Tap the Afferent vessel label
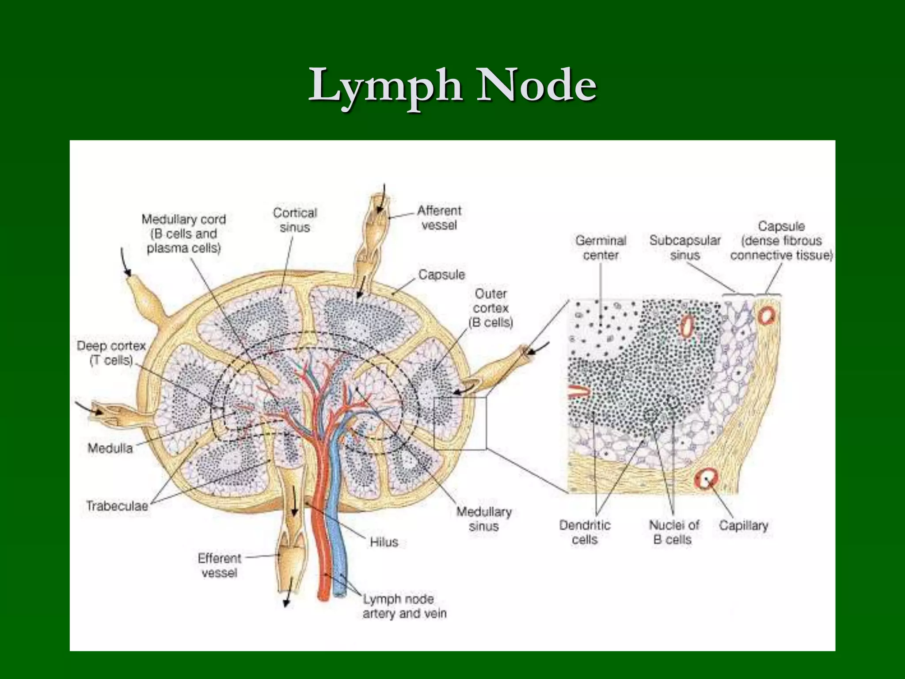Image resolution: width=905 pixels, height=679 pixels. pyautogui.click(x=439, y=217)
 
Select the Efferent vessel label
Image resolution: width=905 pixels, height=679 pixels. pyautogui.click(x=219, y=565)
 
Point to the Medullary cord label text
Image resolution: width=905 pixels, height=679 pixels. pyautogui.click(x=183, y=233)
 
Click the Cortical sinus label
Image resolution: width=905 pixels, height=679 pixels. pyautogui.click(x=295, y=220)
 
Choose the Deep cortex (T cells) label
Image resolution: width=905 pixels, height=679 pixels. pyautogui.click(x=111, y=353)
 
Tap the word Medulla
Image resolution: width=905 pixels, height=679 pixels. pyautogui.click(x=110, y=448)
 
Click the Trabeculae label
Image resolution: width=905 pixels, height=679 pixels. pyautogui.click(x=117, y=506)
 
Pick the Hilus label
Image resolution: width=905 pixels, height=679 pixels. pyautogui.click(x=384, y=542)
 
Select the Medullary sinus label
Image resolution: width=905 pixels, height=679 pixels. pyautogui.click(x=484, y=519)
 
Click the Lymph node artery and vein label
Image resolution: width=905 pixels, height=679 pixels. pyautogui.click(x=404, y=607)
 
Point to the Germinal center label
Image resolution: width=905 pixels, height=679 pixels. pyautogui.click(x=601, y=248)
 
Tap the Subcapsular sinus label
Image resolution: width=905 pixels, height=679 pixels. pyautogui.click(x=684, y=248)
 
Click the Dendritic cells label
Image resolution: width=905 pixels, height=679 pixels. pyautogui.click(x=585, y=532)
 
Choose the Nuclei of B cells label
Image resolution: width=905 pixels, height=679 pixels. pyautogui.click(x=673, y=532)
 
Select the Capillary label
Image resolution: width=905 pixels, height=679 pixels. pyautogui.click(x=743, y=526)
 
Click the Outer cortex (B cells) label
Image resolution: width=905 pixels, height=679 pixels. pyautogui.click(x=491, y=308)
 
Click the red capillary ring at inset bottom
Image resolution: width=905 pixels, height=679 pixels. pyautogui.click(x=706, y=479)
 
